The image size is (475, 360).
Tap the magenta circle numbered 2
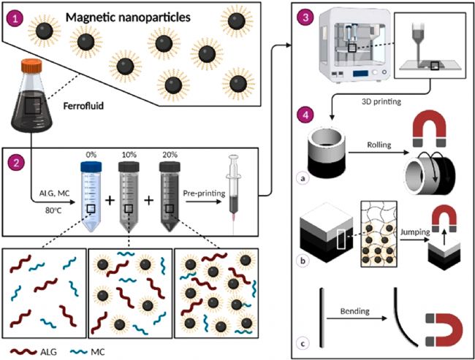[15, 163]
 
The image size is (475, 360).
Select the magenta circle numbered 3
[305, 18]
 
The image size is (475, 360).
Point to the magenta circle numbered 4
[305, 115]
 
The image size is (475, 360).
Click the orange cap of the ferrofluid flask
[31, 66]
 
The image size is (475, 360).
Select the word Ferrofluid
[83, 107]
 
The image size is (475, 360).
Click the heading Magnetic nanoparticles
[128, 18]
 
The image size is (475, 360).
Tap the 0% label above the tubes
[91, 155]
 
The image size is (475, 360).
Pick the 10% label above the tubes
[129, 155]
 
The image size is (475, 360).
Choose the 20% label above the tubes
[170, 155]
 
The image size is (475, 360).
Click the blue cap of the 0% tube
[91, 166]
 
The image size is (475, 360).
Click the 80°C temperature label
[53, 210]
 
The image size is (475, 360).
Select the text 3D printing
[381, 102]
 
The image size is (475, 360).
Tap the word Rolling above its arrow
[379, 145]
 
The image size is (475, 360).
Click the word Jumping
[415, 232]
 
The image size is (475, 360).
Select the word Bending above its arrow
[355, 311]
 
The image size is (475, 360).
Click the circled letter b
[303, 261]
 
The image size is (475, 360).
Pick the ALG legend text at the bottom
[48, 352]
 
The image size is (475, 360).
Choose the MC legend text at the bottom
[97, 352]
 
